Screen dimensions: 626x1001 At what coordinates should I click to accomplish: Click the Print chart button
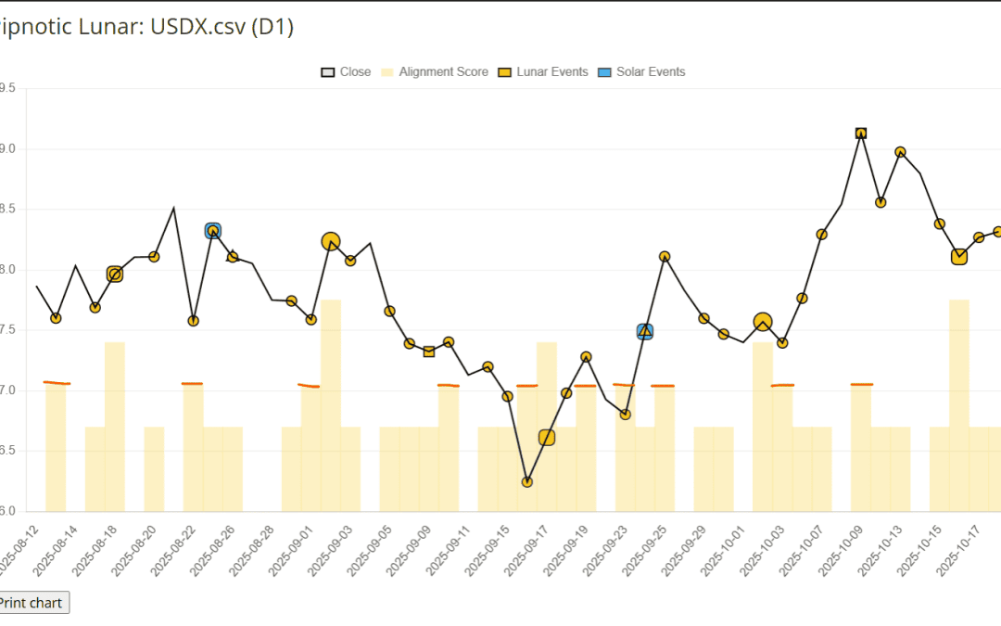tap(32, 603)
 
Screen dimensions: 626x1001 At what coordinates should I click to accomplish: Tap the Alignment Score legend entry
tap(435, 71)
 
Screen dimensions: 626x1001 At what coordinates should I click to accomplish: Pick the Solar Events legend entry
tap(641, 71)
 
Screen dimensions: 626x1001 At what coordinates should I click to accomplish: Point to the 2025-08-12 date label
tap(20, 547)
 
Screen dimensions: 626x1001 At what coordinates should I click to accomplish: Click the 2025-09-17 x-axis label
tap(530, 547)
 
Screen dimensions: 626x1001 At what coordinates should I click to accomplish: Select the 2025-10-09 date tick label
tap(844, 547)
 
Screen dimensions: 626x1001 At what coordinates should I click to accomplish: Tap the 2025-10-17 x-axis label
tap(962, 547)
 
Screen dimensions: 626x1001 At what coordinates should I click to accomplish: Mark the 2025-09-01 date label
tap(295, 547)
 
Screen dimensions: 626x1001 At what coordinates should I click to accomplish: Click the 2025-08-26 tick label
tap(217, 547)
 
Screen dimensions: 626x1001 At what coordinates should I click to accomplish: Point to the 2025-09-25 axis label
tap(648, 547)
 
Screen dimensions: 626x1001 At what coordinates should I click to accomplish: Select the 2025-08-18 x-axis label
tap(99, 547)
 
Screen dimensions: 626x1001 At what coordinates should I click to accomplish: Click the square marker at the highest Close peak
tap(861, 134)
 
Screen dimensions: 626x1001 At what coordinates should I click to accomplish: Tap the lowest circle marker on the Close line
tap(527, 482)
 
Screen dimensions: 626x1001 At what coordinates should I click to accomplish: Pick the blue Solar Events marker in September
tap(645, 331)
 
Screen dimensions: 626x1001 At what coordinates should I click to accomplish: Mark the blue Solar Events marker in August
tap(213, 231)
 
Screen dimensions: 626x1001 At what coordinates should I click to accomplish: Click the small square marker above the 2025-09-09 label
tap(429, 351)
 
